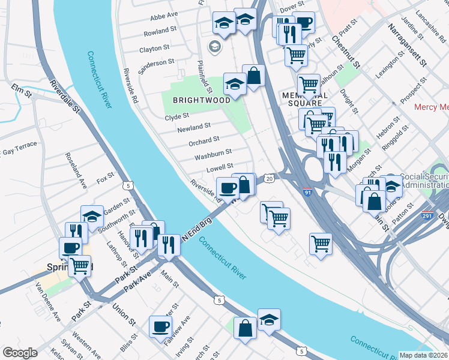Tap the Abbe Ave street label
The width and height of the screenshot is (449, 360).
pyautogui.click(x=164, y=14)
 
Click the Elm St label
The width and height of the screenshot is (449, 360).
pyautogui.click(x=20, y=88)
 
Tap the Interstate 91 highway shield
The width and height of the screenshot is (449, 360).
pyautogui.click(x=307, y=193)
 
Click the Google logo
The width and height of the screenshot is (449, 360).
pyautogui.click(x=20, y=352)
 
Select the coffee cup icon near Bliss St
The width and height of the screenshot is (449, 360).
pyautogui.click(x=160, y=327)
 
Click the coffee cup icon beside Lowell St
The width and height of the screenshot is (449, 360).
pyautogui.click(x=228, y=188)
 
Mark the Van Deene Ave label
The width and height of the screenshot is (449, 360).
pyautogui.click(x=48, y=300)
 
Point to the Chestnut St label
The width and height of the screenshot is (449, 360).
pyautogui.click(x=346, y=51)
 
